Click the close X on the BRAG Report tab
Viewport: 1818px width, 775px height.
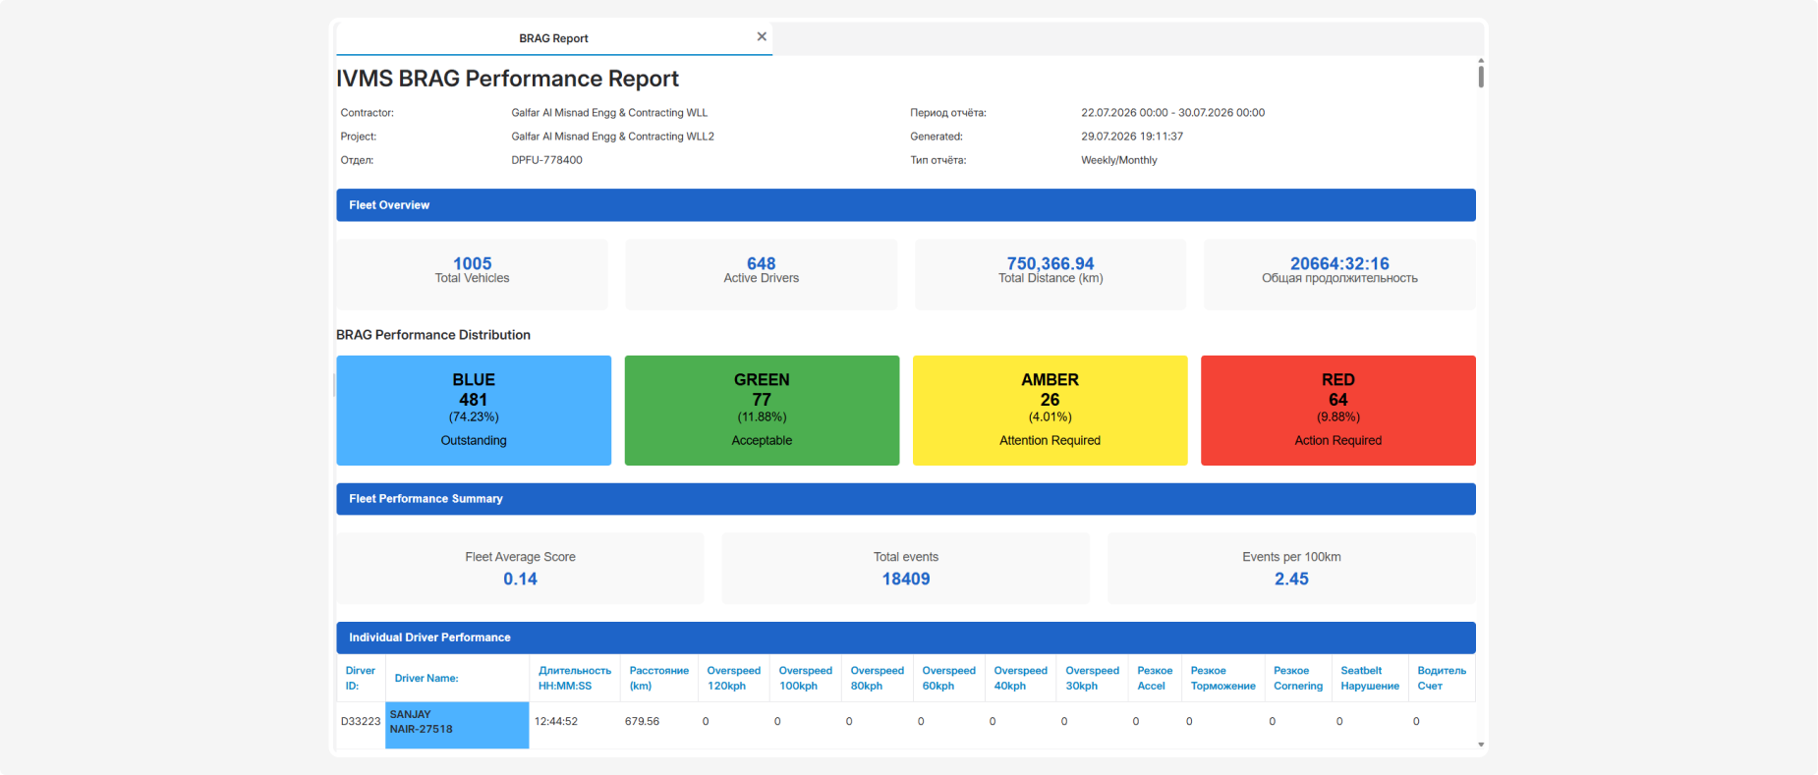tap(762, 36)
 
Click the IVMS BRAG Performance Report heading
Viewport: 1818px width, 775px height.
tap(507, 79)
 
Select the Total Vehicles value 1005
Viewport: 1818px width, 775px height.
tap(473, 263)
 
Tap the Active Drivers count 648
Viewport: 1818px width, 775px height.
tap(762, 263)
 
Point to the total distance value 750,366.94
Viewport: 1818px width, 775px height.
tap(1051, 263)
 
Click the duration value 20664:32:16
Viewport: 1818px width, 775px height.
tap(1339, 263)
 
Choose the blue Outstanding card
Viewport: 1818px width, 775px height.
tap(474, 411)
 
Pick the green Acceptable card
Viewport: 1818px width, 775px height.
tap(762, 411)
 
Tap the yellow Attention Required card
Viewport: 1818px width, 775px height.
tap(1051, 411)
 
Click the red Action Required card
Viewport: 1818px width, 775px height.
tap(1338, 411)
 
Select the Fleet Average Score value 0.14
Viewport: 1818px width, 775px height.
tap(521, 579)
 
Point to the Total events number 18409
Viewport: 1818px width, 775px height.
tap(906, 579)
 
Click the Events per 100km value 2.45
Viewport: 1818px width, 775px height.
tap(1291, 579)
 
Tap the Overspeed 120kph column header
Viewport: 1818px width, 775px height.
tap(734, 678)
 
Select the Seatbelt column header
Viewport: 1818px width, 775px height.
tap(1370, 678)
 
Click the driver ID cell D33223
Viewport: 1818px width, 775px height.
tap(361, 721)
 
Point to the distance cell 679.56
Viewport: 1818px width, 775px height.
tap(642, 721)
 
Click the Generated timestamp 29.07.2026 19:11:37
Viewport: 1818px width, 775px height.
tap(1132, 137)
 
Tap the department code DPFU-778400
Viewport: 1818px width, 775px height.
tap(546, 160)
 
